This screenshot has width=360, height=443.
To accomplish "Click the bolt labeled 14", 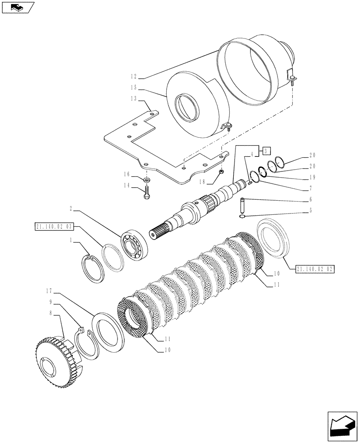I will click(147, 193).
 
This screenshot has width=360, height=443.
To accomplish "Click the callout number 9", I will click(52, 302).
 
